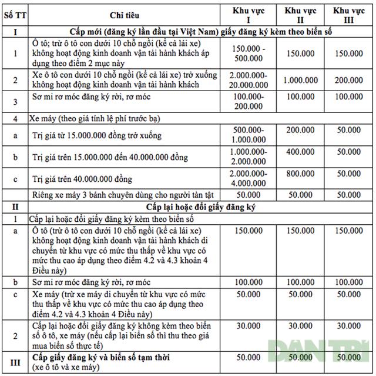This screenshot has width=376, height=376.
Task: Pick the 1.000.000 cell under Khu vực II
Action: [300, 79]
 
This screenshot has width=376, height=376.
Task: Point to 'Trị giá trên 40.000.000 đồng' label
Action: [82, 178]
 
